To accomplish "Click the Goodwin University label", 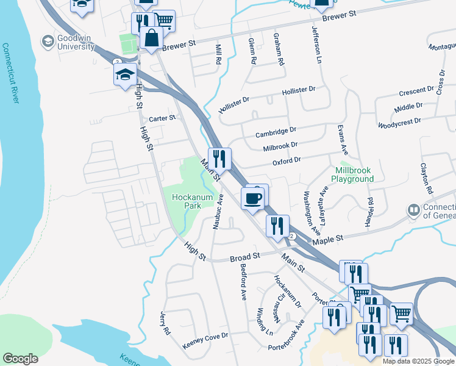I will [x=75, y=42].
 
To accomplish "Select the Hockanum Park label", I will [x=187, y=201].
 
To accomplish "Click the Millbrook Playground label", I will [x=352, y=175].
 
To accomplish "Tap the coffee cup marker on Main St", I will [x=253, y=198].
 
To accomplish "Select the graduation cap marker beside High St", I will [x=124, y=75].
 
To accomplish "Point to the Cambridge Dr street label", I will [x=276, y=131].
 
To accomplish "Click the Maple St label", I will [x=328, y=239].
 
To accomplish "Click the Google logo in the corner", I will [x=20, y=359].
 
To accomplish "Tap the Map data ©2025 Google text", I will [x=418, y=361].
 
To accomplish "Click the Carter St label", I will [x=162, y=118].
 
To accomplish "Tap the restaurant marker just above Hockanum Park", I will [x=219, y=159].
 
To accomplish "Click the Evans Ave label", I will [x=343, y=140].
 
